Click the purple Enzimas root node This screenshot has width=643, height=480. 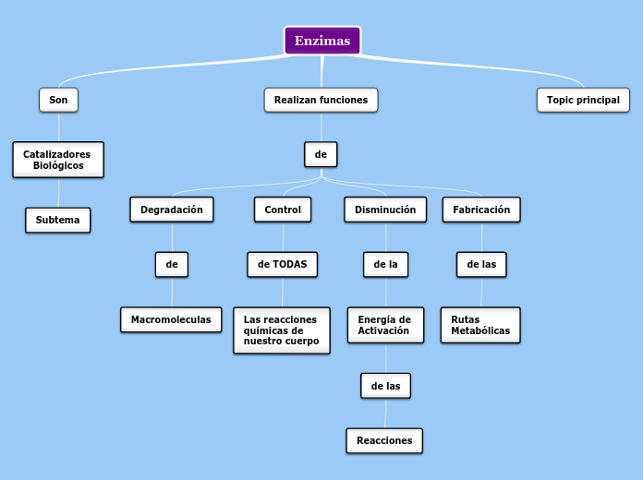click(321, 41)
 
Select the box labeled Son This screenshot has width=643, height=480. click(58, 100)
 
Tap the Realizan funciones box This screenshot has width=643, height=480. click(321, 100)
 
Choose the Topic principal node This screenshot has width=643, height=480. click(583, 100)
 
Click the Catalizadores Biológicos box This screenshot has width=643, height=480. click(58, 160)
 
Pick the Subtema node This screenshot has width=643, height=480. click(58, 221)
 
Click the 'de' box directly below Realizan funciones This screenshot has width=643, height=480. click(321, 154)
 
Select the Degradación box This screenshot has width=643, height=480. click(172, 210)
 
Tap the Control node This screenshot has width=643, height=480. click(283, 210)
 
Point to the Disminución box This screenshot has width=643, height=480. click(385, 210)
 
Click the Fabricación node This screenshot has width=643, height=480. click(481, 210)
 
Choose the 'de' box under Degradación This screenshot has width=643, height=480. click(172, 265)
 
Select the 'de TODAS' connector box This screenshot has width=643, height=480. click(283, 265)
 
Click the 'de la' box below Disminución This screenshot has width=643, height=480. click(385, 265)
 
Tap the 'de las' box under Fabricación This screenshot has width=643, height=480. click(481, 265)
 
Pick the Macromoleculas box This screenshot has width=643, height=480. click(171, 319)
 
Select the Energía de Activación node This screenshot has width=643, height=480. click(385, 325)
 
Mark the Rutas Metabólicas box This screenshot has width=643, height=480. click(480, 325)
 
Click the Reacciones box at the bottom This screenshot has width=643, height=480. click(384, 440)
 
